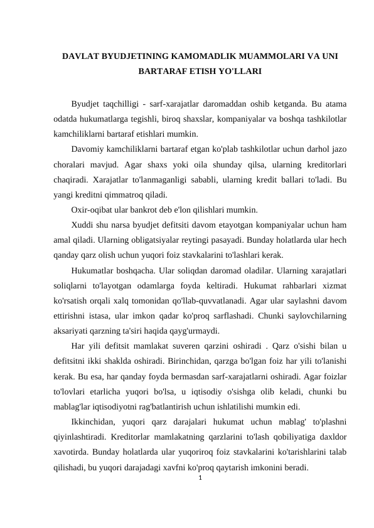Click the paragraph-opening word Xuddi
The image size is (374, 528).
83,224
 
